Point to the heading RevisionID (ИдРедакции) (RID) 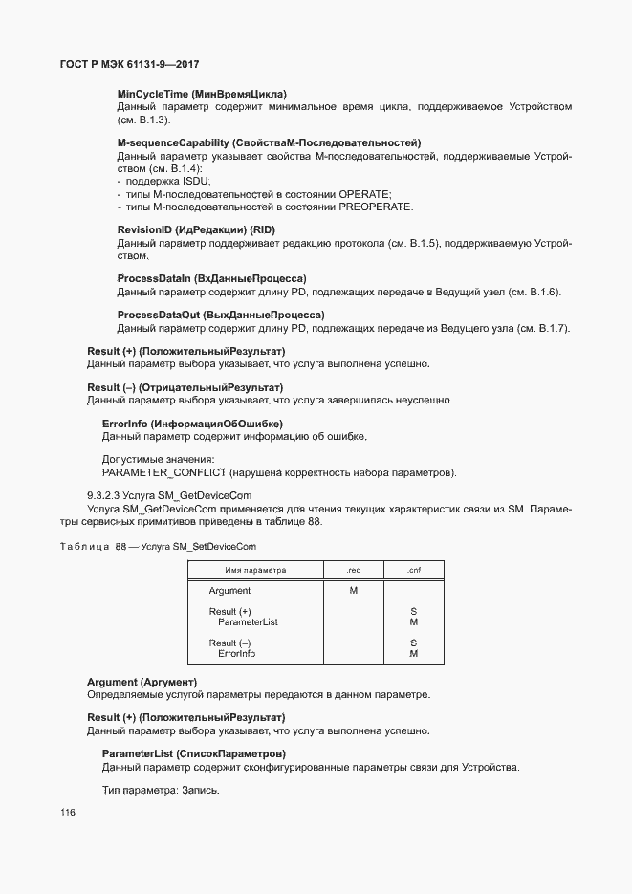click(194, 230)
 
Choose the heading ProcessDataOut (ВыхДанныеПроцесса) click(221, 315)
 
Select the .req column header click(353, 570)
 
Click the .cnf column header click(413, 570)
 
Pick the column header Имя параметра click(255, 570)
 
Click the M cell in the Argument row click(353, 591)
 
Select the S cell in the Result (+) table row click(413, 611)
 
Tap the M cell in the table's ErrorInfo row click(413, 654)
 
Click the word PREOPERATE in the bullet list click(381, 207)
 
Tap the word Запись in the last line click(198, 791)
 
